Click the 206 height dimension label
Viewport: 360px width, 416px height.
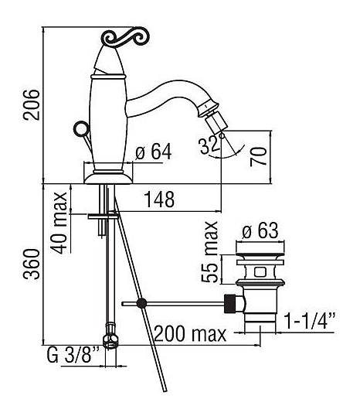(x=32, y=105)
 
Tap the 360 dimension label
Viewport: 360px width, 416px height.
(x=32, y=264)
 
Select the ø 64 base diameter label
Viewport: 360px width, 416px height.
(x=154, y=152)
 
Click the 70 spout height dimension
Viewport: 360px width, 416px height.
(x=258, y=156)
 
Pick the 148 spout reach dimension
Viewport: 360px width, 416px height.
(x=159, y=199)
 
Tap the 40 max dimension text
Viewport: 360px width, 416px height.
(x=59, y=223)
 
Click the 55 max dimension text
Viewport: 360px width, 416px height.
(x=209, y=252)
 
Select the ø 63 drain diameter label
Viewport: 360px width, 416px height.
(x=260, y=230)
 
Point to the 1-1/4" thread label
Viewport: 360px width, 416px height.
(x=310, y=321)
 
